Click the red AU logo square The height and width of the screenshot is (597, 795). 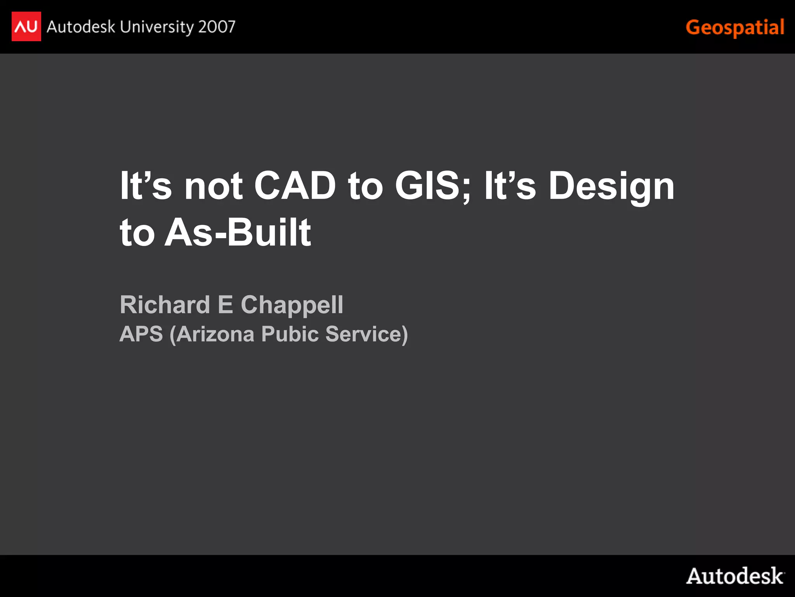(26, 26)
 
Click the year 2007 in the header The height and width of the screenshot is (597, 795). (217, 27)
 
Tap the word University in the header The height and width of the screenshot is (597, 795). (157, 27)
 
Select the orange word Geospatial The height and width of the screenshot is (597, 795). (735, 28)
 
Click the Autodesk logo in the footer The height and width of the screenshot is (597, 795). (735, 576)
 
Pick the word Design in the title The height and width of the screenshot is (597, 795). (611, 186)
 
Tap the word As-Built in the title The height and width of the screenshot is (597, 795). (238, 232)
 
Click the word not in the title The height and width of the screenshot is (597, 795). (214, 186)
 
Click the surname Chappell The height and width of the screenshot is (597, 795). (292, 305)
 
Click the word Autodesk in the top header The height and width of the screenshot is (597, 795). (81, 27)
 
